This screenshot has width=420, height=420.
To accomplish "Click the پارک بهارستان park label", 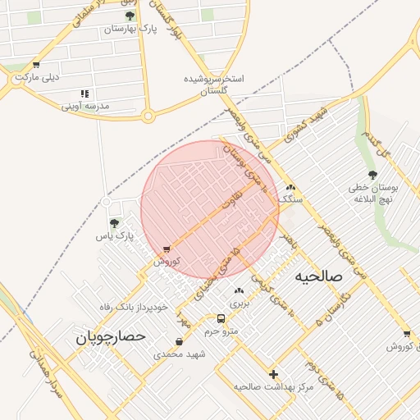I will coord(130,29).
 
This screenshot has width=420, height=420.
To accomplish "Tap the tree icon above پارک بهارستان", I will coord(130,16).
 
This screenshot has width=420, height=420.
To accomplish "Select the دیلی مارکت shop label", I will coord(39,78).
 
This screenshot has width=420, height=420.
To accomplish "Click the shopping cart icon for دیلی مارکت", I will coord(36,65).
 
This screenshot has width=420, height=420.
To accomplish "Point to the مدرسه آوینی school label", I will coord(85,107).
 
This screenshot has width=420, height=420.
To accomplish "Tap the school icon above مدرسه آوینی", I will coord(84,94).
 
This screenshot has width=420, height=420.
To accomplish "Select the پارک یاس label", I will coord(113,236).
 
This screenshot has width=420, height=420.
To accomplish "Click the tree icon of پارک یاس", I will coord(114,222).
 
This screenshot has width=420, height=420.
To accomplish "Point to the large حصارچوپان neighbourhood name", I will coord(110,336).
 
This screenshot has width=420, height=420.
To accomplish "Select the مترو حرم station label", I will coord(221,331).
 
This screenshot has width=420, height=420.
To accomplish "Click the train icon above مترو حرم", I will coord(221,318).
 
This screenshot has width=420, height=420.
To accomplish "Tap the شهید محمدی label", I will coord(179,354).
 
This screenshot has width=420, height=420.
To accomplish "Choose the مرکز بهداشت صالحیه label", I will coord(273,386).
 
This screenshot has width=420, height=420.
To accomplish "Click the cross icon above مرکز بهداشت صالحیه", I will coord(273,374).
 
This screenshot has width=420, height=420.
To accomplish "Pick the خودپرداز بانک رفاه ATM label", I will coord(133,306).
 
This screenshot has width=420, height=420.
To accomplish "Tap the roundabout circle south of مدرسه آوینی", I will coord(148,116).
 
